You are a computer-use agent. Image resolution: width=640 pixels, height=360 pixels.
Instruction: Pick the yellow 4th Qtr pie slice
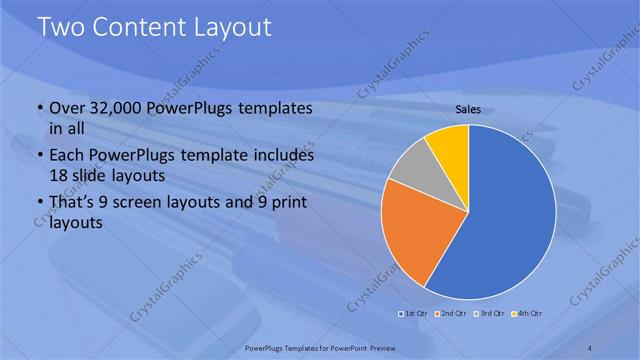(449, 147)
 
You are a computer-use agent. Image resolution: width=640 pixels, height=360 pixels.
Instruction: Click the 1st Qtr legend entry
(413, 314)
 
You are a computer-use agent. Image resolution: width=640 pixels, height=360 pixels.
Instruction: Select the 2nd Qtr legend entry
(450, 314)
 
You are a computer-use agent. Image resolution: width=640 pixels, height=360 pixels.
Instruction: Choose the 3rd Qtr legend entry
(487, 314)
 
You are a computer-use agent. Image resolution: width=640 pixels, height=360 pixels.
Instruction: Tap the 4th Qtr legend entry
(524, 314)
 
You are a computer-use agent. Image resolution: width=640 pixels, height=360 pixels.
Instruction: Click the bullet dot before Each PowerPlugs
(39, 157)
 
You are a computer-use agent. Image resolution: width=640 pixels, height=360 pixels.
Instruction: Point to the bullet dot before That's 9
(39, 204)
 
